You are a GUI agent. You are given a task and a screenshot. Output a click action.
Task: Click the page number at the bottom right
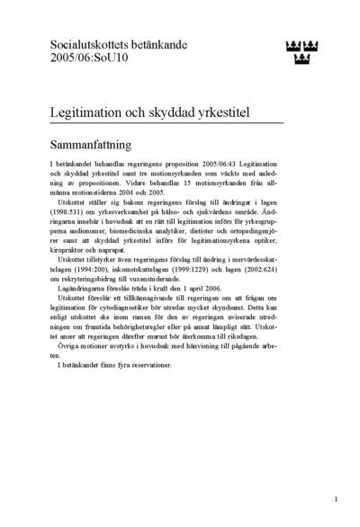335,498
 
